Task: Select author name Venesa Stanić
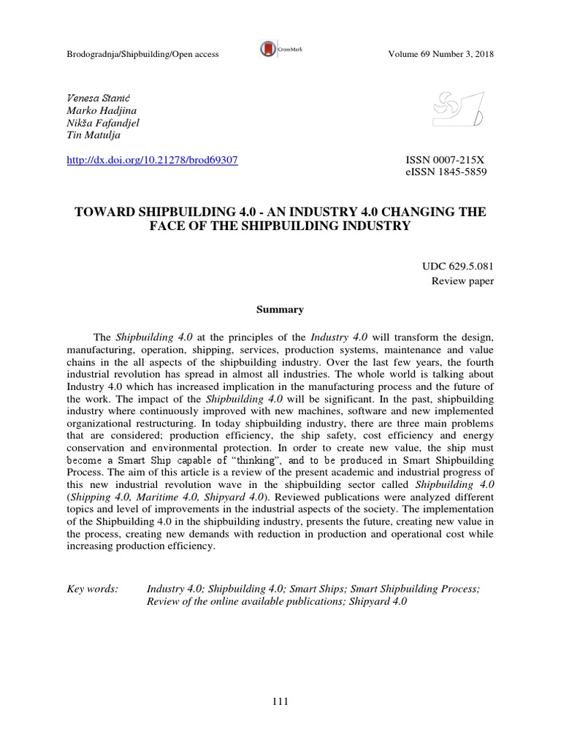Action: (92, 96)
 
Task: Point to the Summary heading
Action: (280, 310)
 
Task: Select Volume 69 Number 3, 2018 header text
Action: (440, 54)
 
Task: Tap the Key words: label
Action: (92, 589)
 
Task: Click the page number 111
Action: (280, 703)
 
